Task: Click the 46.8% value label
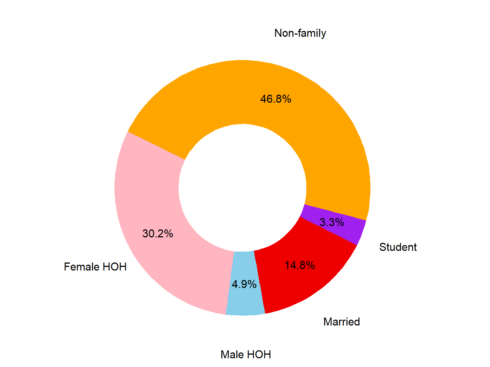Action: click(x=276, y=99)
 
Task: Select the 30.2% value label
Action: click(x=157, y=234)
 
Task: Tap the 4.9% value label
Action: click(x=244, y=284)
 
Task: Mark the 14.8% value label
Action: click(x=300, y=265)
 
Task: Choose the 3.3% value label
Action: click(x=332, y=222)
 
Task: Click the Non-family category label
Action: click(x=300, y=33)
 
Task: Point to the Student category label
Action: click(x=398, y=247)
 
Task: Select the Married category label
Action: click(x=342, y=322)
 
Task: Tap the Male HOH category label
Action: click(x=246, y=355)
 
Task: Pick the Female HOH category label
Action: click(x=95, y=267)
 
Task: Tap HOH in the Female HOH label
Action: click(x=114, y=267)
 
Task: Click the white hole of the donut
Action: click(x=242, y=188)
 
